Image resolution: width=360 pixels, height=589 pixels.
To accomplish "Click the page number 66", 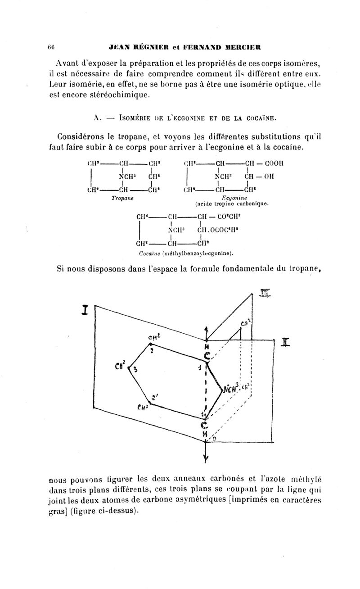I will click(x=51, y=47).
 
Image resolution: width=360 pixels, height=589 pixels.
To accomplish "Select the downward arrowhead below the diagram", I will click(x=206, y=459).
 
